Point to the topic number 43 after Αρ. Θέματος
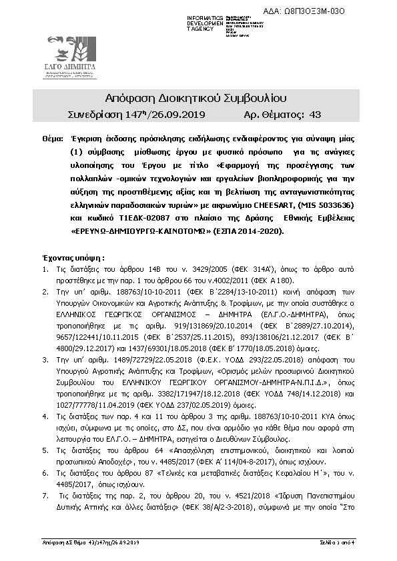(x=316, y=115)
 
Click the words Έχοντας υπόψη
(x=73, y=258)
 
